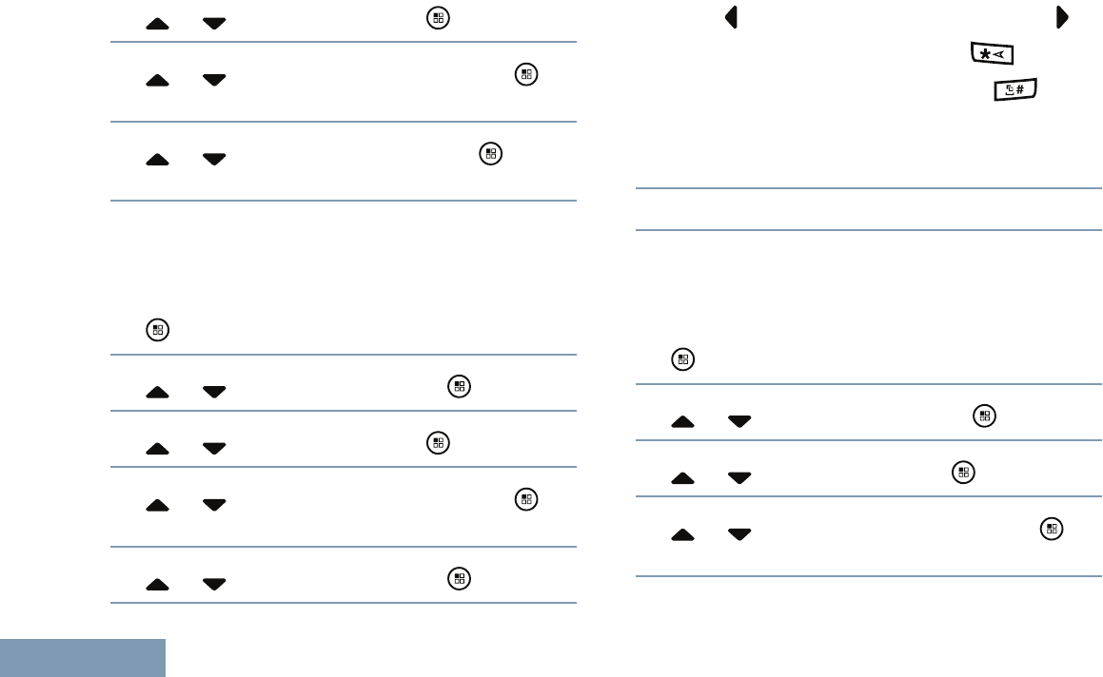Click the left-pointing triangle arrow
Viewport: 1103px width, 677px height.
click(x=732, y=18)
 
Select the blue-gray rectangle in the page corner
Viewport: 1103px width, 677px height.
click(x=83, y=658)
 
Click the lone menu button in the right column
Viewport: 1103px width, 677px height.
click(x=682, y=359)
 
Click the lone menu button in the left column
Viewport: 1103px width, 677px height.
click(x=157, y=331)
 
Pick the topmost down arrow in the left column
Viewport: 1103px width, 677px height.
click(x=214, y=23)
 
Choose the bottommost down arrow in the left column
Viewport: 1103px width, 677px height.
click(x=214, y=584)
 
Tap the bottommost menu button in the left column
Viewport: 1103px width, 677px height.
click(x=459, y=577)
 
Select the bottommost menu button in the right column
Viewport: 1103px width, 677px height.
click(x=1051, y=529)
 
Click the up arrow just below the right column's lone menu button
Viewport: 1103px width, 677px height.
click(x=683, y=421)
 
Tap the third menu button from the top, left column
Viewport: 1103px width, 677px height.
click(x=490, y=152)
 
